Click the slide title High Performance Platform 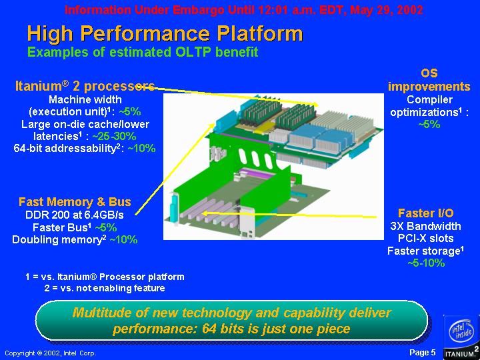click(165, 33)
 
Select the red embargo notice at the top click(244, 10)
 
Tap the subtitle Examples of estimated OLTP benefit click(143, 52)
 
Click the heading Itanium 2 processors click(85, 86)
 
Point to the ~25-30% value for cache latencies click(114, 136)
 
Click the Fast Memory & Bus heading click(75, 202)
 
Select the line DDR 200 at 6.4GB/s click(75, 215)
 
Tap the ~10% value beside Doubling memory click(123, 239)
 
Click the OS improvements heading click(429, 80)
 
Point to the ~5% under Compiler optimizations click(429, 124)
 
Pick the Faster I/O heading click(425, 213)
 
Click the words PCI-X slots click(425, 238)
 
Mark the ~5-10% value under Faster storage click(426, 263)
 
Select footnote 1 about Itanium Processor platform click(105, 277)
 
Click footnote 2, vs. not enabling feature click(105, 288)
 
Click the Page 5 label click(422, 353)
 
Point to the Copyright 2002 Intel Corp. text click(51, 353)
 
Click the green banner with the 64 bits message click(232, 320)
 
